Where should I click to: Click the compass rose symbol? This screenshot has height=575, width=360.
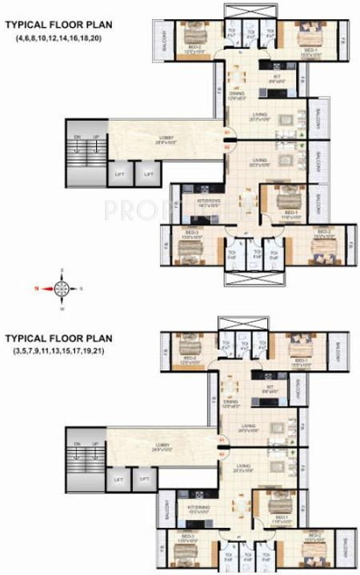[61, 284]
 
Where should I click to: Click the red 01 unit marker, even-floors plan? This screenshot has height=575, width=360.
[226, 132]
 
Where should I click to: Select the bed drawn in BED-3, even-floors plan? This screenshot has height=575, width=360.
[189, 250]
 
